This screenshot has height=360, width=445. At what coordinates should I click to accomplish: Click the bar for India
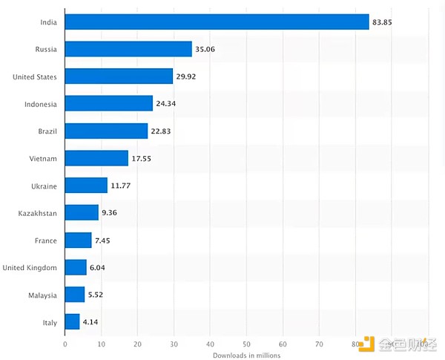coord(217,22)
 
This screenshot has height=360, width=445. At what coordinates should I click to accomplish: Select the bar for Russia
coord(128,50)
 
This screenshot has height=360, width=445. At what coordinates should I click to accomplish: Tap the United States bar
coord(119,76)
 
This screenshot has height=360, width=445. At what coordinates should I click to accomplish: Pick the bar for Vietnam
coord(96,158)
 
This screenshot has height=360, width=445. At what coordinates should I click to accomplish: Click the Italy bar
coord(72,322)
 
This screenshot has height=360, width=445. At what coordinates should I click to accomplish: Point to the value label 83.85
coord(382,22)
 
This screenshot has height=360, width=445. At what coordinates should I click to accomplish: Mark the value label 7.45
coord(103,240)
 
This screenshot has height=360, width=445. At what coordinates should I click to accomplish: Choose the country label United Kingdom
coord(30,268)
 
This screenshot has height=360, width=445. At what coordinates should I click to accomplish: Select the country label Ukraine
coord(44,186)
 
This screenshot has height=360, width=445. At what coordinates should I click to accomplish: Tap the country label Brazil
coord(47,131)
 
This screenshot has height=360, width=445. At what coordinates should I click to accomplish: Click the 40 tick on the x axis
coord(210,344)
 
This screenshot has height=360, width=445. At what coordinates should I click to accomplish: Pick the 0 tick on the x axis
coord(65,344)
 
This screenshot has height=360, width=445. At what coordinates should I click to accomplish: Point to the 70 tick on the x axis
coord(319,344)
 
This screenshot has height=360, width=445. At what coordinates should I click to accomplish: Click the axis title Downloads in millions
coord(246,355)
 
